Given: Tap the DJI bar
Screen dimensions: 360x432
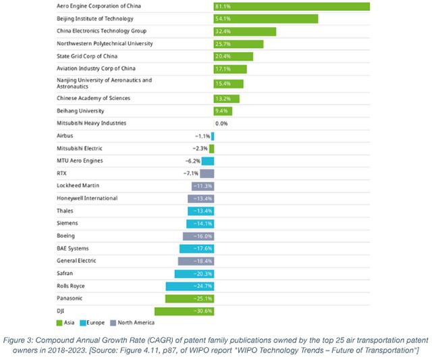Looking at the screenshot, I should click(184, 311).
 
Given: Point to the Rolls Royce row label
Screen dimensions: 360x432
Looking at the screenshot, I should click(72, 286).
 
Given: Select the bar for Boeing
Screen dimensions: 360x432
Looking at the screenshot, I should click(198, 236).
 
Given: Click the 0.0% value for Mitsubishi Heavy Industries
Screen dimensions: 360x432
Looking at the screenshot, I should click(221, 124).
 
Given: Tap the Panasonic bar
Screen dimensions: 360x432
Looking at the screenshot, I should click(190, 299).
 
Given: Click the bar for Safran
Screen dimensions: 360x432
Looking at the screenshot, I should click(194, 274).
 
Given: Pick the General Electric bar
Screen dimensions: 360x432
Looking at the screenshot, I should click(196, 261).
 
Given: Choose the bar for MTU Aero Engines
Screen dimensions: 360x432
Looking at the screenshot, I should click(207, 161).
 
